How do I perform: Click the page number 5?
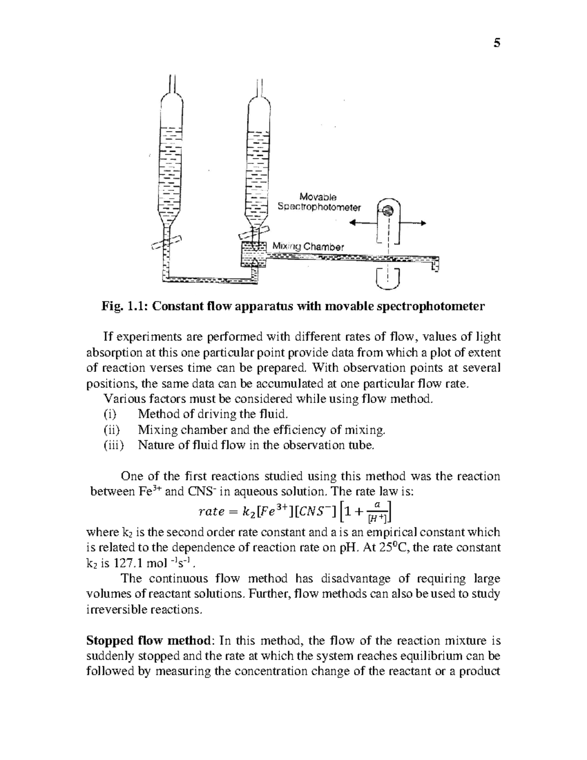[497, 43]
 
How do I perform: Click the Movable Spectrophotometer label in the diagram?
[318, 202]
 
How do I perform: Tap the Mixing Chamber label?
[308, 247]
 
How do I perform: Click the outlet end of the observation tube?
[435, 264]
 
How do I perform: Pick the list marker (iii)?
[113, 445]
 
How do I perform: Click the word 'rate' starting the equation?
[210, 512]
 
